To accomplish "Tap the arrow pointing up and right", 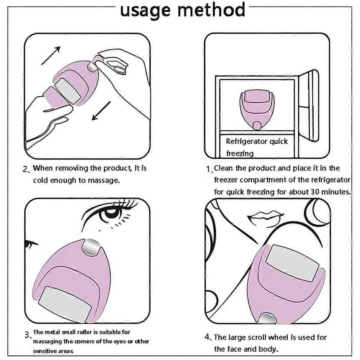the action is (x=51, y=55).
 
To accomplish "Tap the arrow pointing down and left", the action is (x=101, y=111).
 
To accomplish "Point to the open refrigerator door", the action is (x=308, y=106).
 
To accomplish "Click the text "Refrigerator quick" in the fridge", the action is (x=257, y=141).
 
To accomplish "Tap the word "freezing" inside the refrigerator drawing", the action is (x=240, y=154).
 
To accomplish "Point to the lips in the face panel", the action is (x=265, y=219).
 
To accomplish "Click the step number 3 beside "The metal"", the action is (x=27, y=335).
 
